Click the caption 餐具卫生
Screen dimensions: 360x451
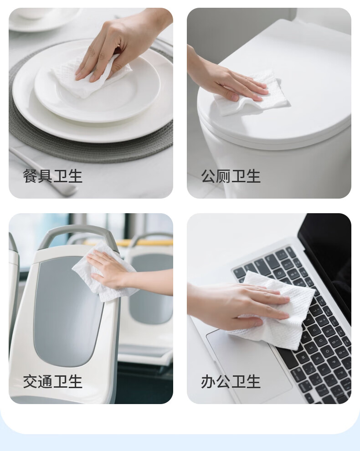pyautogui.click(x=53, y=176)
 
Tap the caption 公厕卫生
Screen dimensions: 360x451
pyautogui.click(x=231, y=176)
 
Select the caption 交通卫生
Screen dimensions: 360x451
pyautogui.click(x=53, y=382)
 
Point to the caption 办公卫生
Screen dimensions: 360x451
pyautogui.click(x=231, y=382)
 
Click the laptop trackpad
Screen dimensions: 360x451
pyautogui.click(x=247, y=365)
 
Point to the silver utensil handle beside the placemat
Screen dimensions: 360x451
pyautogui.click(x=43, y=173)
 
